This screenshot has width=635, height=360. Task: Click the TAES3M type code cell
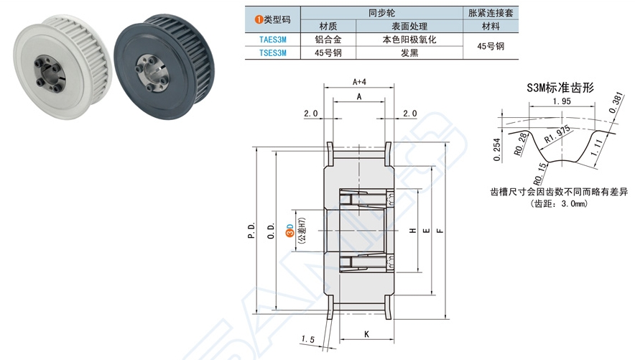272,40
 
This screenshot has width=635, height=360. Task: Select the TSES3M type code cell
272,52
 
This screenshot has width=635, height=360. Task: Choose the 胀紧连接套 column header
491,13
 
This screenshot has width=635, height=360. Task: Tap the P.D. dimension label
251,231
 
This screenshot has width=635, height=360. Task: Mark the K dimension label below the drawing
366,335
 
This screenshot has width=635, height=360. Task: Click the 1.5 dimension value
308,338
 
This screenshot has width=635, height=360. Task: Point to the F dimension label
439,231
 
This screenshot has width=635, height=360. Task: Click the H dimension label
412,231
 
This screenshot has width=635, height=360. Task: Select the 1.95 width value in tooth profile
562,103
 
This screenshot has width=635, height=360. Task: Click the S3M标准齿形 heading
560,88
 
